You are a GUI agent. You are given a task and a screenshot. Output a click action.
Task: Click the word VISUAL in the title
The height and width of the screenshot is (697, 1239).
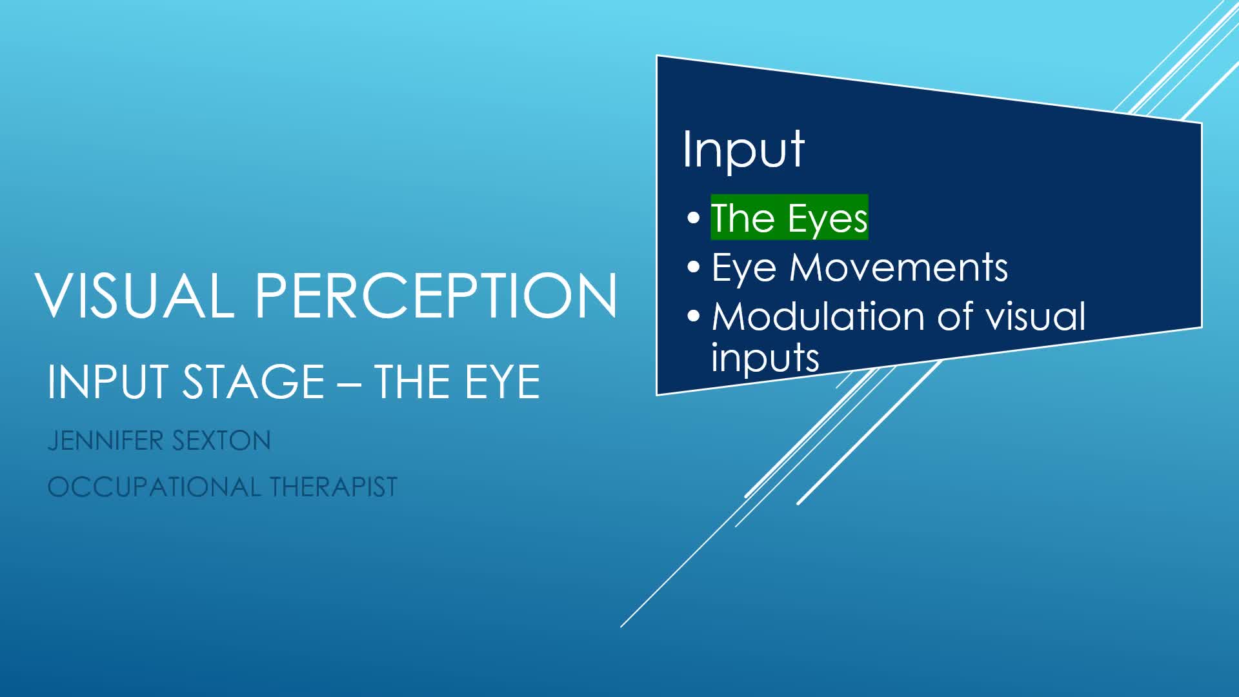(135, 295)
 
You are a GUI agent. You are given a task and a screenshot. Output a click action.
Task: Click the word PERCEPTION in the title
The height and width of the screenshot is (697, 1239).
(437, 295)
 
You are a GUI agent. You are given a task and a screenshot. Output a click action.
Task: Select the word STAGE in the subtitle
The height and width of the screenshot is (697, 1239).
(254, 381)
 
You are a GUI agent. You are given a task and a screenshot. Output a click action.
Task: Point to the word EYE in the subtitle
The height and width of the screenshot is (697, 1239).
(503, 381)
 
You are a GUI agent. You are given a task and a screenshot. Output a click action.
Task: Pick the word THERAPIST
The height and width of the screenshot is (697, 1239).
(334, 487)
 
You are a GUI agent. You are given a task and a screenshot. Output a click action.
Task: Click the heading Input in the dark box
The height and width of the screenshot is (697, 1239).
(743, 150)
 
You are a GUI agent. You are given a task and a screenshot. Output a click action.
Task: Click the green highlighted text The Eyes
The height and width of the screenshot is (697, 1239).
(789, 217)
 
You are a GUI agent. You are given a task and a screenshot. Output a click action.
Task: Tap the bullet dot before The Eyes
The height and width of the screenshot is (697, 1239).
(694, 218)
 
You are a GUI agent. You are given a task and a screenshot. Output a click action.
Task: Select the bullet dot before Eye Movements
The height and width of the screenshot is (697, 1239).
(694, 267)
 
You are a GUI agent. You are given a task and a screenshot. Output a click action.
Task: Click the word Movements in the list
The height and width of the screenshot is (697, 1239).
(898, 267)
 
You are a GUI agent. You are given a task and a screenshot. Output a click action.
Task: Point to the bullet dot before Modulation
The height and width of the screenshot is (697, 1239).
(694, 316)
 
